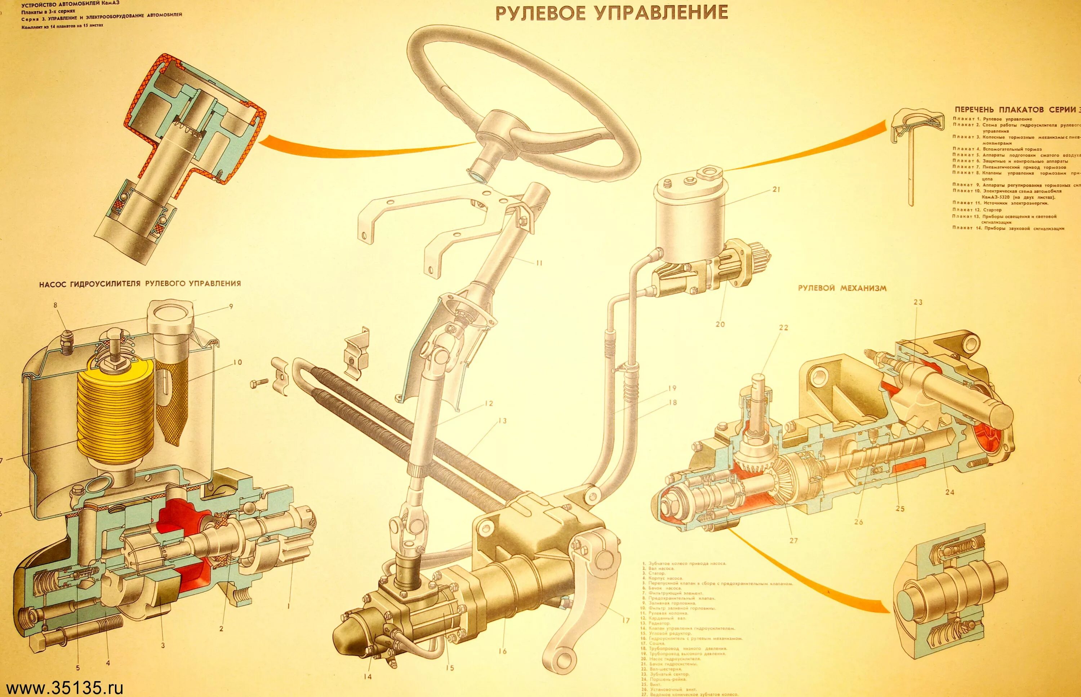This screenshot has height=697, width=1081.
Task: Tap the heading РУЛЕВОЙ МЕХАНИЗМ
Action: (842, 288)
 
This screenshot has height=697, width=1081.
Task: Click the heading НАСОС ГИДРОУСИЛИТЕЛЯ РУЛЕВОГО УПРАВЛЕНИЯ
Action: (140, 284)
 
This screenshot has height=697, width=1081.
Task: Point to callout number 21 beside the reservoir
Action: (777, 190)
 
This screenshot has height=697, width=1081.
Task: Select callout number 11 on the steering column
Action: (538, 263)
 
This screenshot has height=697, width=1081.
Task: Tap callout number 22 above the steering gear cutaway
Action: (783, 328)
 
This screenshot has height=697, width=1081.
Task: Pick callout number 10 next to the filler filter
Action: (238, 362)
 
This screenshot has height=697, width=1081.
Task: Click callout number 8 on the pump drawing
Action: (55, 305)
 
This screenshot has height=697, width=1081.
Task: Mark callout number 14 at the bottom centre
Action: (367, 677)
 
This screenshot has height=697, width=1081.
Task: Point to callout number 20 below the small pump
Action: (720, 324)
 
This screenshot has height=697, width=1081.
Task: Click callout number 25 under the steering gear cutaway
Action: (900, 509)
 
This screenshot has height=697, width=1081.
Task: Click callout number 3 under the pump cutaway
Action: (163, 645)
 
